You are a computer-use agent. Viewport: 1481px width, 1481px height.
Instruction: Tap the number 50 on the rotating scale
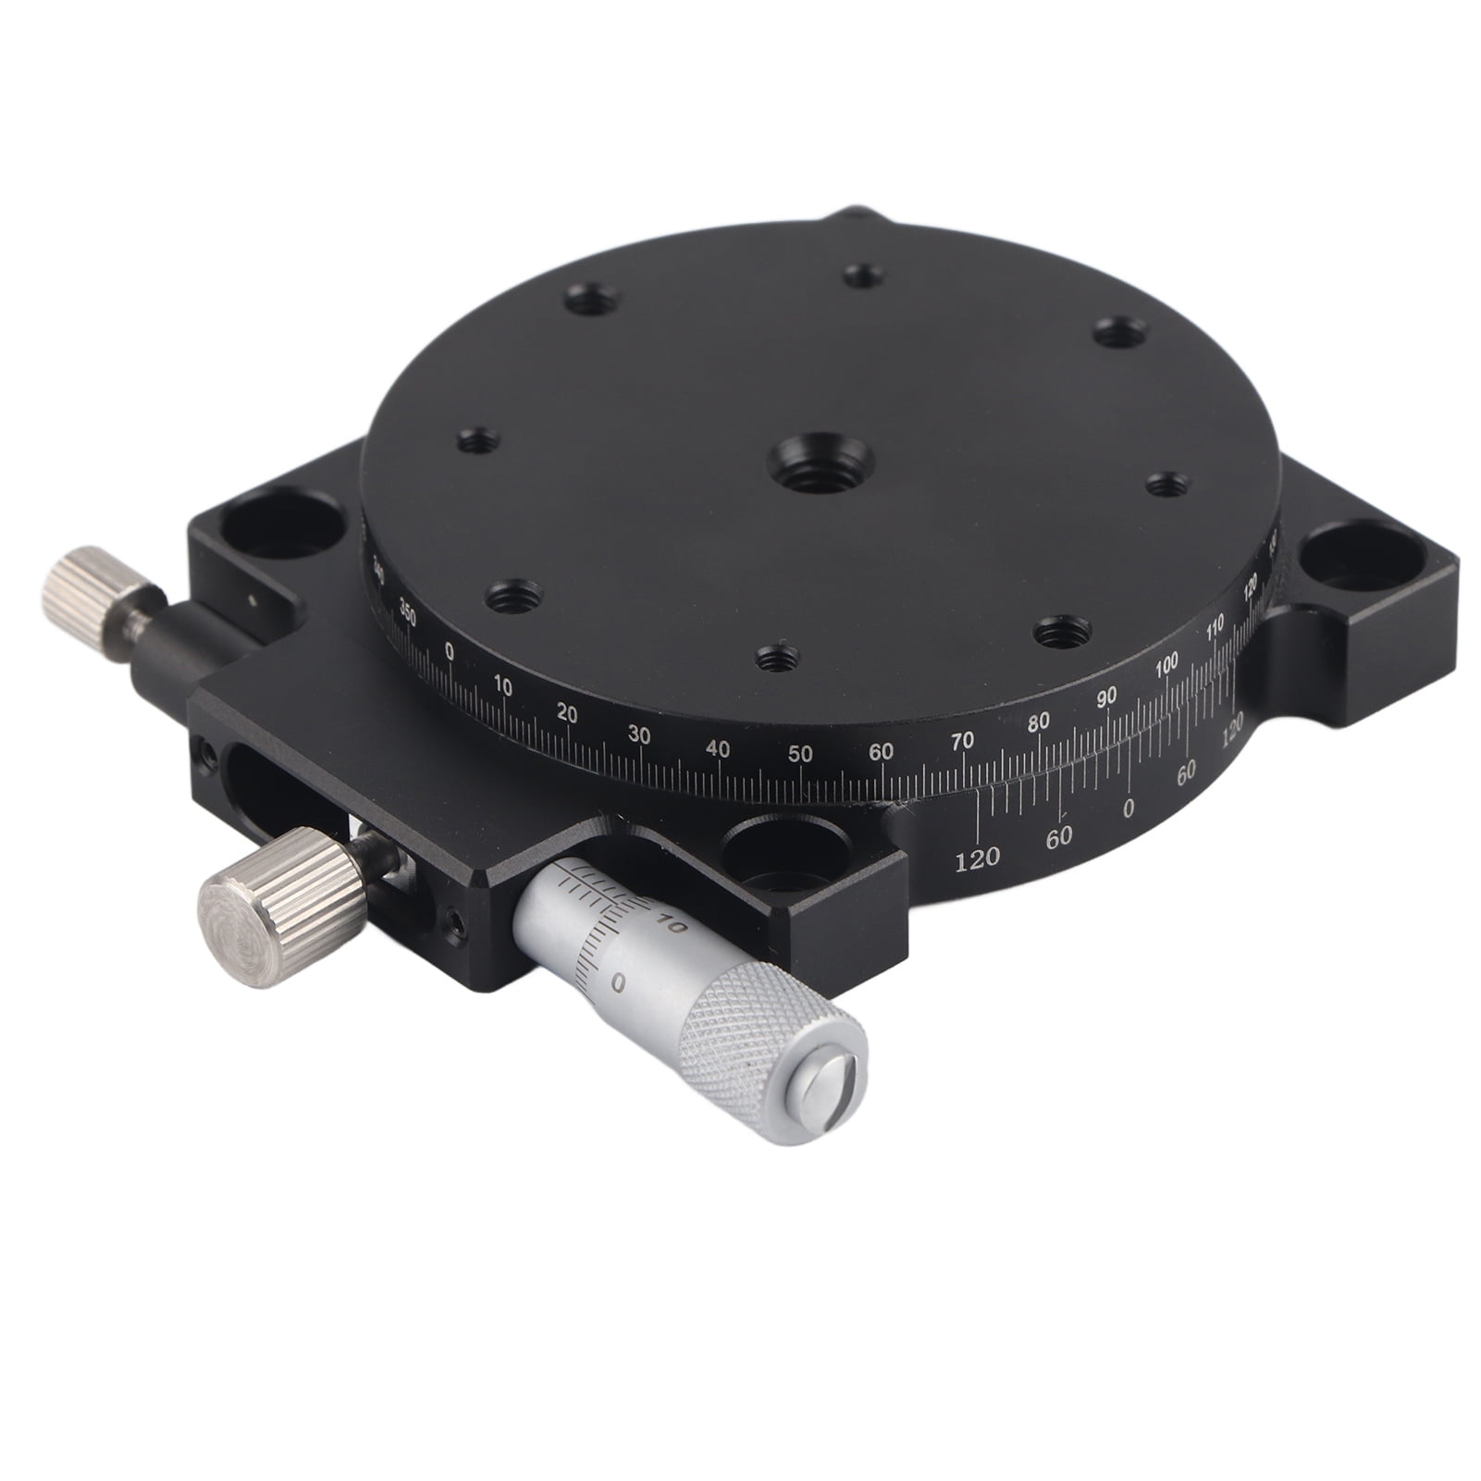801,754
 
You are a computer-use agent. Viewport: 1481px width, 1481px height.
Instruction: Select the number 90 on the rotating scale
1106,698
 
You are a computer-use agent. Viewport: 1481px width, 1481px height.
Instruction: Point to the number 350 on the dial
406,609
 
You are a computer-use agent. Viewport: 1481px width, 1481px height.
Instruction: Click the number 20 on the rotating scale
567,714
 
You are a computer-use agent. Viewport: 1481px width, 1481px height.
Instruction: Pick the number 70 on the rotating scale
963,741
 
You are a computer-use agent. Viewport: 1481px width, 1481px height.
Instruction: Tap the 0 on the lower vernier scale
1128,808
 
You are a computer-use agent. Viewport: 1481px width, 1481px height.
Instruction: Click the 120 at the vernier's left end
977,859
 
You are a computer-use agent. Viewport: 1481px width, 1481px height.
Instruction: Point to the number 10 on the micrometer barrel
672,924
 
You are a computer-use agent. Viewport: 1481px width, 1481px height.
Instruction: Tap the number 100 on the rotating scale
1167,663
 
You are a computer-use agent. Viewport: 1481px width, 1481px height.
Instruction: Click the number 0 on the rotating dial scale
450,651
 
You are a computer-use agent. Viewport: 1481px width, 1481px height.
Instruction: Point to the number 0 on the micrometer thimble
617,982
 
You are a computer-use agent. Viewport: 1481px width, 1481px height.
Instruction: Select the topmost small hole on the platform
863,275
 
